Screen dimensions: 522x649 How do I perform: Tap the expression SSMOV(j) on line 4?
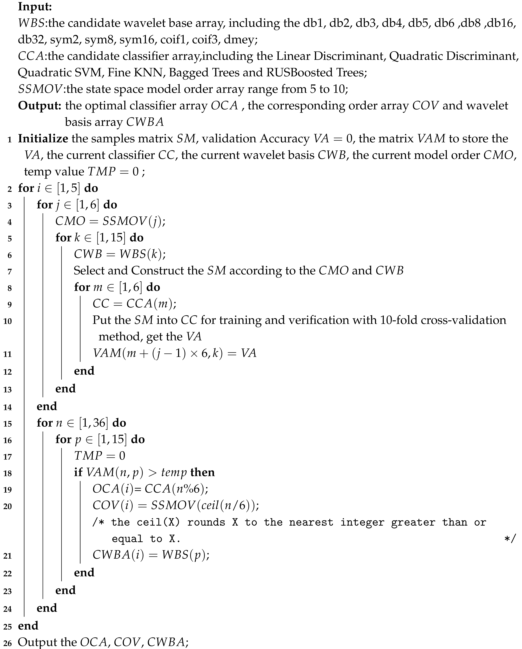pos(134,221)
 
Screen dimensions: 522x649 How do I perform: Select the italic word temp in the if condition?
pos(174,473)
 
